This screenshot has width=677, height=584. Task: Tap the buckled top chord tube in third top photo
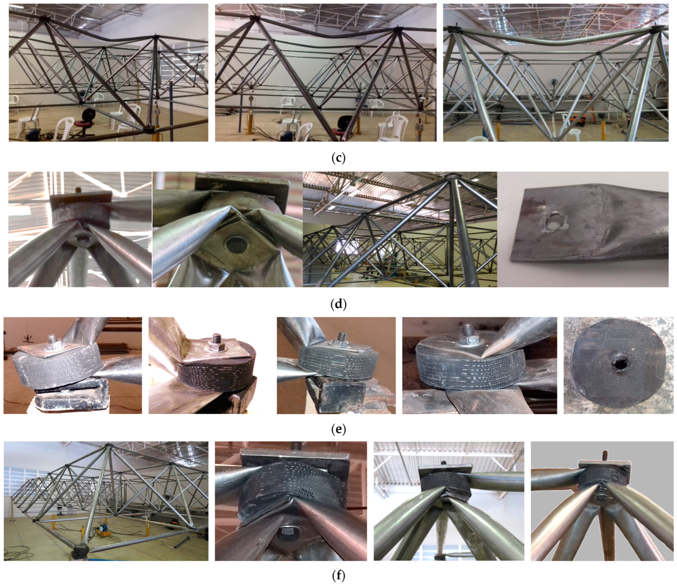click(552, 39)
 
